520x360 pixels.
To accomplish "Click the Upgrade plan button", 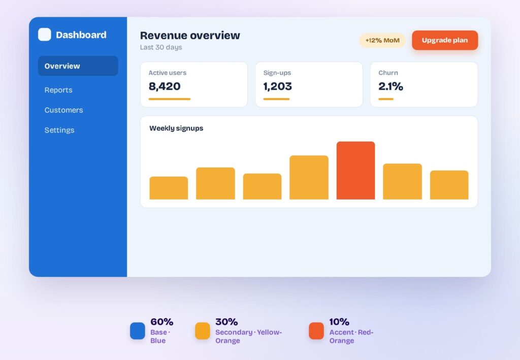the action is click(445, 40).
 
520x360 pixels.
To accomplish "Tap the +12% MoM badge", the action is click(382, 41).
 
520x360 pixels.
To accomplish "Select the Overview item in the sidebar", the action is click(78, 66).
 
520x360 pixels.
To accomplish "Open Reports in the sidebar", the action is click(58, 90).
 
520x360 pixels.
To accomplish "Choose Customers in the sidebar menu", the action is click(63, 110).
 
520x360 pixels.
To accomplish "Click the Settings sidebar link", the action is click(59, 130).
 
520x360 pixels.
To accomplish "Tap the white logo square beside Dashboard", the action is click(45, 35).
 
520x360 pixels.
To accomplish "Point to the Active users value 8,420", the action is click(165, 86).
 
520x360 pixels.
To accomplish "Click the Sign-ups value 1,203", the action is click(278, 86).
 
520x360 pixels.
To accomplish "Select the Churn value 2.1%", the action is click(391, 86).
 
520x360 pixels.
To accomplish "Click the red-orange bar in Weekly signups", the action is click(355, 171).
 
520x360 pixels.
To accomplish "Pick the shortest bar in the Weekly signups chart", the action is click(169, 188).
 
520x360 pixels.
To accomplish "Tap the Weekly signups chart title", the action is click(176, 128).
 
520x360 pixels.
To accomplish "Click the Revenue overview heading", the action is click(190, 35).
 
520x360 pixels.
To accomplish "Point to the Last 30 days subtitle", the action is click(161, 47).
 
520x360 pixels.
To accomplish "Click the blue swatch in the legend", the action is click(137, 331).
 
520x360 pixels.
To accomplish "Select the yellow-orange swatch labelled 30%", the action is click(202, 331).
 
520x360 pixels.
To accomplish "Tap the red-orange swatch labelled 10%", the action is click(316, 331).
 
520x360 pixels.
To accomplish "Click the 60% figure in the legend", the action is click(162, 321).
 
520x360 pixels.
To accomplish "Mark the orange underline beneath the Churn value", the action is click(386, 99).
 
